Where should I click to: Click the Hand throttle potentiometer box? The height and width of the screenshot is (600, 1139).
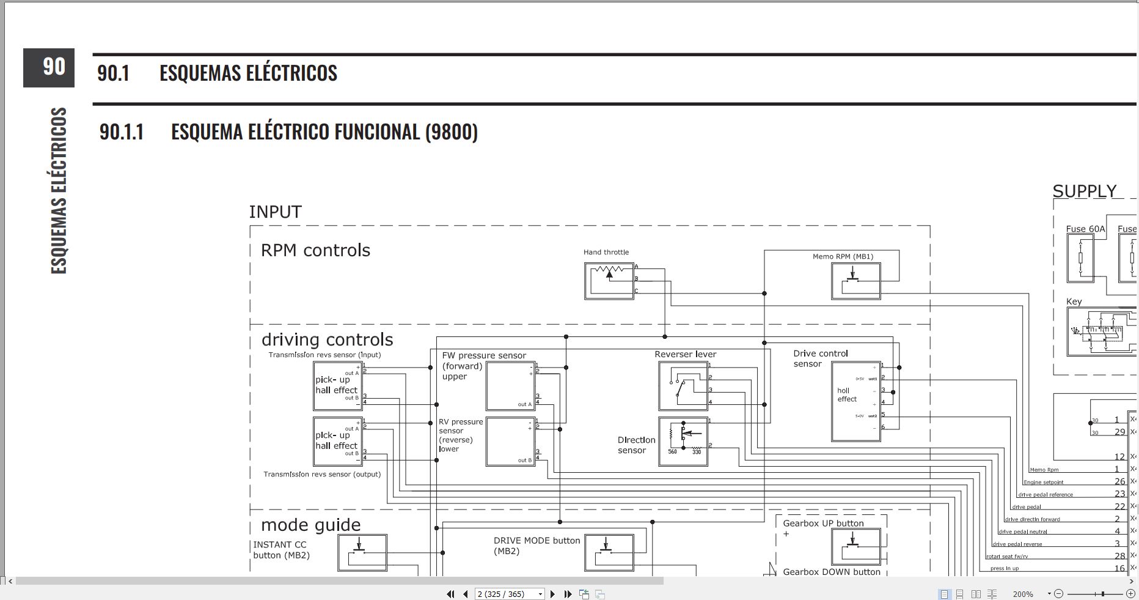click(609, 281)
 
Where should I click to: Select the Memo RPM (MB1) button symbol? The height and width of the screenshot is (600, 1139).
click(855, 281)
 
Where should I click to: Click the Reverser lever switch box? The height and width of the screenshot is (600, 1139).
click(683, 386)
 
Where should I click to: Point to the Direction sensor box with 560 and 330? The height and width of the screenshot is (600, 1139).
click(683, 442)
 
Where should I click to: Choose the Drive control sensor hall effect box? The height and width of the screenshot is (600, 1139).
click(855, 401)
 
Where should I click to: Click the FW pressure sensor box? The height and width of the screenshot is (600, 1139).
click(510, 386)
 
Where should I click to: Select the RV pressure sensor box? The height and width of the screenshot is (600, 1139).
click(510, 442)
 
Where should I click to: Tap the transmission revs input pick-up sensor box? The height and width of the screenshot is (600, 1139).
click(337, 386)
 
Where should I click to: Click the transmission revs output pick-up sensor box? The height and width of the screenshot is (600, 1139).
click(337, 442)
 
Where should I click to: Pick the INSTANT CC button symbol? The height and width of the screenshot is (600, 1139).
click(362, 553)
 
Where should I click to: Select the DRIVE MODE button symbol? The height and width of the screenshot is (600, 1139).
click(609, 553)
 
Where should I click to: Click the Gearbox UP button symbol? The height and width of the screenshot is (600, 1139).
click(855, 546)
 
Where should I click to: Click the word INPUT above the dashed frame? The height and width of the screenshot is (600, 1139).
click(275, 212)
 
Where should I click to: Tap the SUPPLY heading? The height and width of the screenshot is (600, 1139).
click(1084, 191)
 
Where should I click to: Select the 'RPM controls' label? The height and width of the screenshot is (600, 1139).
click(315, 251)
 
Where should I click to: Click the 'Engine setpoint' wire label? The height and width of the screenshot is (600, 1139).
click(1043, 483)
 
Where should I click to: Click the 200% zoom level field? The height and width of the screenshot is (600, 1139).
click(1023, 594)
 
